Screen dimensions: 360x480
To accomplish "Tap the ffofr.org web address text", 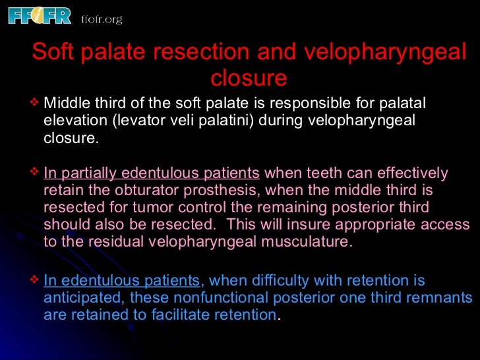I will click(x=102, y=19).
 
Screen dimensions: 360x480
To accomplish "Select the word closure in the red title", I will click(x=249, y=78).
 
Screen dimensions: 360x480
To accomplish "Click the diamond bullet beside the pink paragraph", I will click(x=35, y=173).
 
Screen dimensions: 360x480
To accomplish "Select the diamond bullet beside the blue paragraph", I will click(x=35, y=280).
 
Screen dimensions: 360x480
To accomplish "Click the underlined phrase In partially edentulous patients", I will click(x=151, y=174).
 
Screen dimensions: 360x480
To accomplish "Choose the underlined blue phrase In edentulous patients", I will click(x=121, y=281).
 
